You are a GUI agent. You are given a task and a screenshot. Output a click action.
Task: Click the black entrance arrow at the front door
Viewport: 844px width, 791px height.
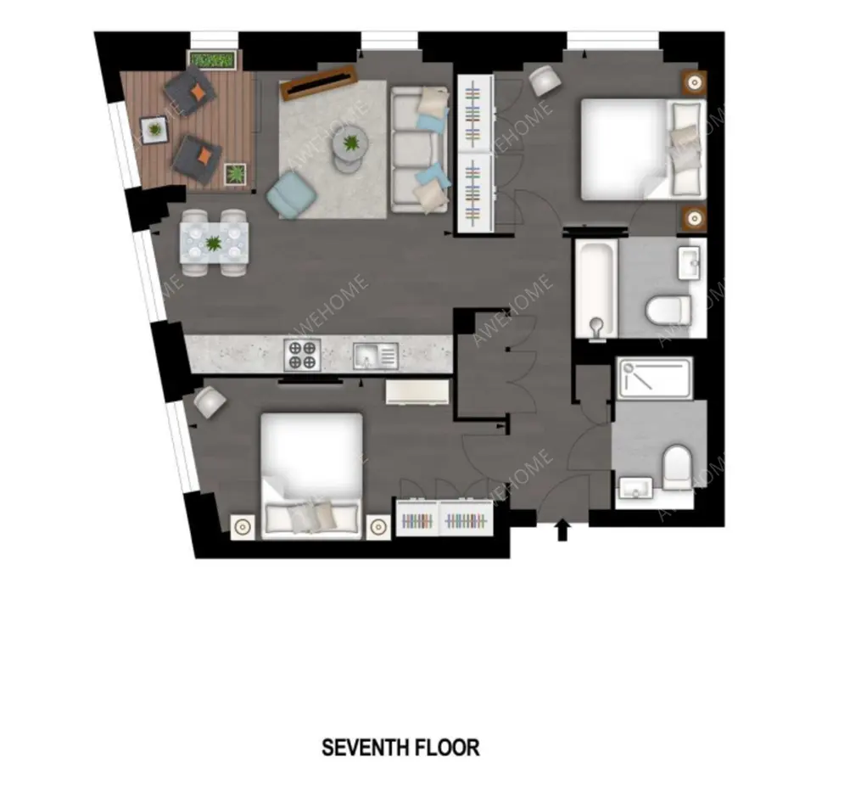pyautogui.click(x=562, y=530)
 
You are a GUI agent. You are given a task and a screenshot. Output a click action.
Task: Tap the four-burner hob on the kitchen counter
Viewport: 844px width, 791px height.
pyautogui.click(x=303, y=355)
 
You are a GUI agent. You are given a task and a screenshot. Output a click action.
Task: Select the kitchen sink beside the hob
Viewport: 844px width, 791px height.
pyautogui.click(x=376, y=356)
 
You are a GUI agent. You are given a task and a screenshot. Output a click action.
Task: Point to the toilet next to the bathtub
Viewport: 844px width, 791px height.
pyautogui.click(x=668, y=310)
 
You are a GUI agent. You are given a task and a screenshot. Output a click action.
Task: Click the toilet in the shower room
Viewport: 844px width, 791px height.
pyautogui.click(x=677, y=466)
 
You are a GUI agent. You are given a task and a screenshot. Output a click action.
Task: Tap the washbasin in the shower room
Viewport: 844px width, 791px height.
pyautogui.click(x=635, y=488)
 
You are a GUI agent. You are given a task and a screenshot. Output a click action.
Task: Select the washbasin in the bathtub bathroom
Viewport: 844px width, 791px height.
pyautogui.click(x=690, y=263)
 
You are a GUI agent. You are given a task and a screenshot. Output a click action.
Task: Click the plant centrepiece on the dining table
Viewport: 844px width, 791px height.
pyautogui.click(x=214, y=244)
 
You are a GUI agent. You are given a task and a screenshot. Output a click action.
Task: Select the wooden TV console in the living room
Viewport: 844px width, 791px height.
pyautogui.click(x=319, y=82)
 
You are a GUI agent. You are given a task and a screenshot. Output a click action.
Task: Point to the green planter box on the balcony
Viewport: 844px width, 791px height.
pyautogui.click(x=214, y=59)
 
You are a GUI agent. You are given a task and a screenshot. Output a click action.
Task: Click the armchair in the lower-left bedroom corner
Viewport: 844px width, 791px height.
pyautogui.click(x=210, y=402)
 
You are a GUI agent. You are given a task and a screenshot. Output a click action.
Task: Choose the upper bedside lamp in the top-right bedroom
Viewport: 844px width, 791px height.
pyautogui.click(x=695, y=82)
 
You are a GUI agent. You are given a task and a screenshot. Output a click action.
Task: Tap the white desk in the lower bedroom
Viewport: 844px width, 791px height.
pyautogui.click(x=417, y=392)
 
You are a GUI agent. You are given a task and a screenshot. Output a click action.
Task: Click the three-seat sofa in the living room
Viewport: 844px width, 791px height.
pyautogui.click(x=420, y=149)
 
